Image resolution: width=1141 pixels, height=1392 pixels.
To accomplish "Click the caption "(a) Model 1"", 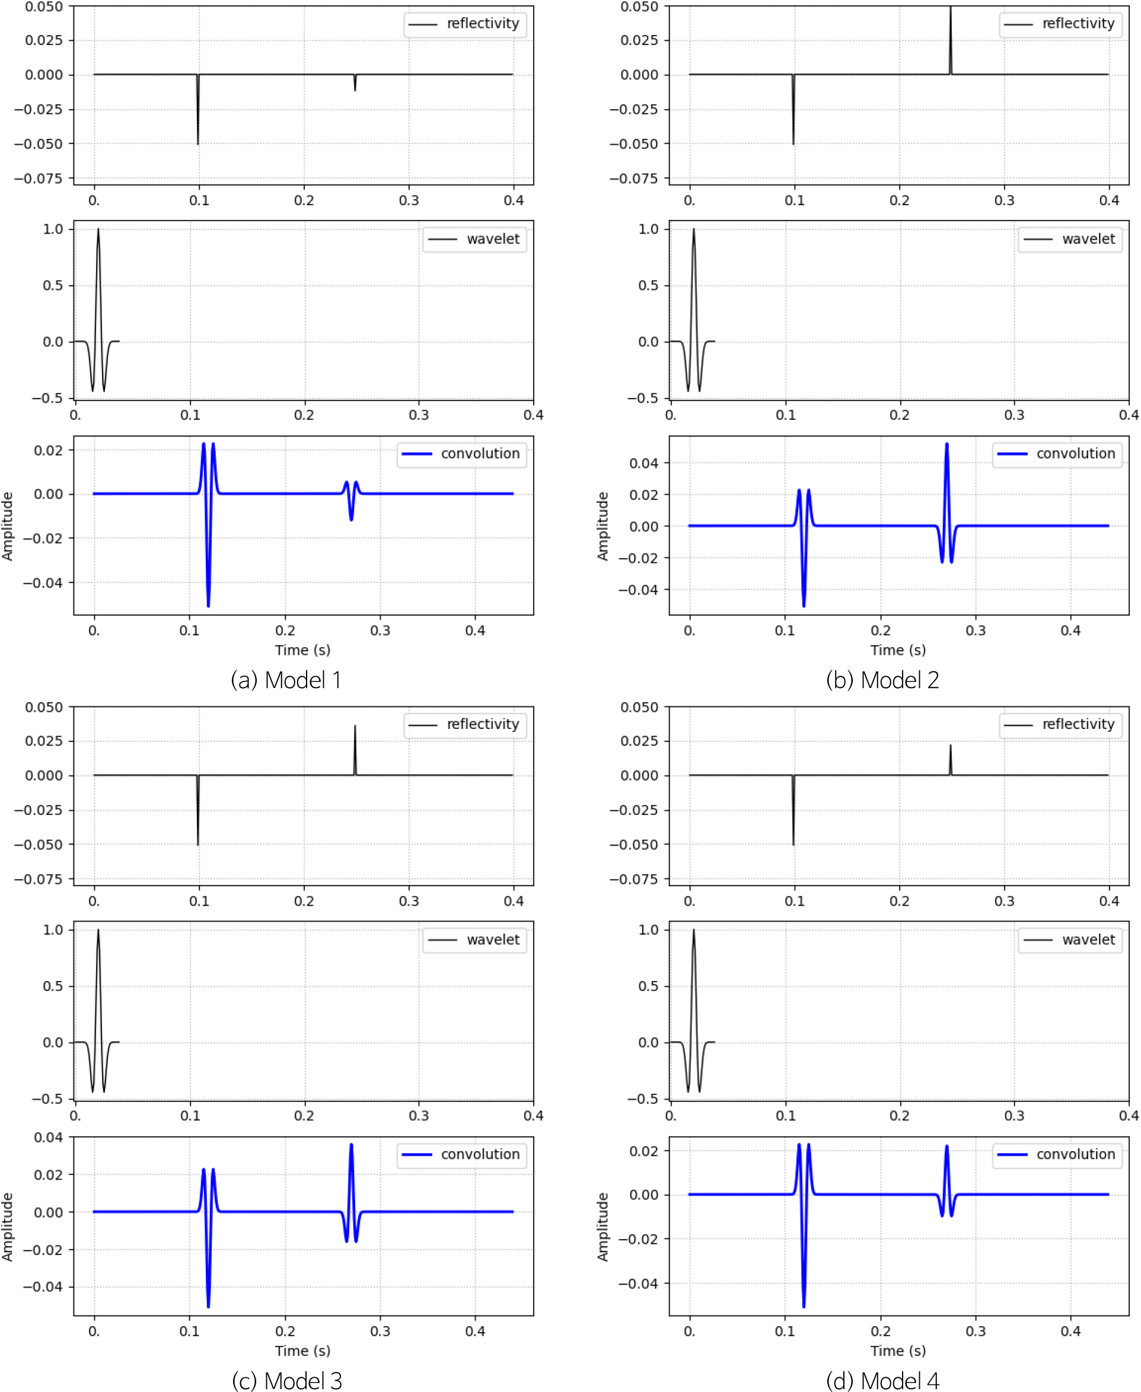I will [286, 680].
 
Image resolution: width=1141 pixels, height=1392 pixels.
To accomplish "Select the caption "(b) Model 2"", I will [882, 680].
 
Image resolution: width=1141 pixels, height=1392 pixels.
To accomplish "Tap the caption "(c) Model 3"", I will [286, 1380].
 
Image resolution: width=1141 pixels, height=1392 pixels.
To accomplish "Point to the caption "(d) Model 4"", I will [882, 1380].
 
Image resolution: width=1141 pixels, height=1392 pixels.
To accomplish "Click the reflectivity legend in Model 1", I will [466, 24].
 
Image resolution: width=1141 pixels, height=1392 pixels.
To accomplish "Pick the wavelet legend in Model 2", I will [1070, 239].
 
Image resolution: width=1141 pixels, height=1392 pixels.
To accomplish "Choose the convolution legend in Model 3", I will [461, 1154].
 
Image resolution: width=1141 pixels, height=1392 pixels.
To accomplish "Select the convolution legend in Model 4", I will [1057, 1154].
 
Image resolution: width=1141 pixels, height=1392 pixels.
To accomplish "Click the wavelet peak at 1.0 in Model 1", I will [98, 230].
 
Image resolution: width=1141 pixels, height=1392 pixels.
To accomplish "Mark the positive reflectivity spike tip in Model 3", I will [355, 726].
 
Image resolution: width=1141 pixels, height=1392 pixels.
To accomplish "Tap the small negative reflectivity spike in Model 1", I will [355, 89].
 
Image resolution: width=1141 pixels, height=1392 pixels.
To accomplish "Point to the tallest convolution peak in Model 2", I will [946, 444].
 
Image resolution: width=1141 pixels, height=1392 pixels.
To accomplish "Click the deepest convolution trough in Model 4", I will [804, 1305].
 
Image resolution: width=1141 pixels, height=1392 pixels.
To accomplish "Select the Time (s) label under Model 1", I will [302, 650].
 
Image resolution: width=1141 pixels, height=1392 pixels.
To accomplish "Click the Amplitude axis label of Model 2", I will [602, 525].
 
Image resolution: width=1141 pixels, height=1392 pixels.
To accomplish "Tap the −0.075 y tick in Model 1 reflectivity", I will [39, 178].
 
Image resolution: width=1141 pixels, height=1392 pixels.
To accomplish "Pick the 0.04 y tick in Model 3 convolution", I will [49, 1138].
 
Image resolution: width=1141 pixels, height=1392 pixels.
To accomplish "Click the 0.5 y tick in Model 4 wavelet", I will [648, 986].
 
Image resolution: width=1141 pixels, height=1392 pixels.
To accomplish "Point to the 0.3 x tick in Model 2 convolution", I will [976, 630].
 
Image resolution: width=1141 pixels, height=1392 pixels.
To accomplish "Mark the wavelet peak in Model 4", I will [693, 930].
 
